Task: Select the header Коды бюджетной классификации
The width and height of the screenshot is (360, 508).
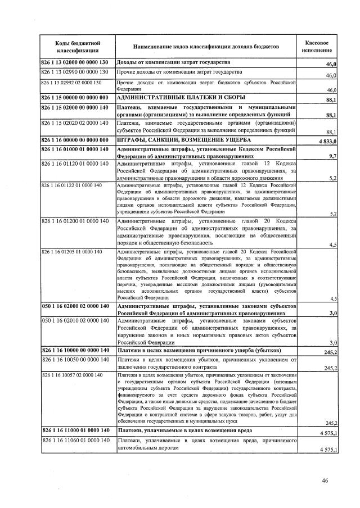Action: click(x=77, y=47)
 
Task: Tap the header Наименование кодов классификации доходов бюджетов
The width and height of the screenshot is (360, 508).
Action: click(x=206, y=47)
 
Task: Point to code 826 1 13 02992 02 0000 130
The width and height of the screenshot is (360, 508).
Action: click(x=71, y=83)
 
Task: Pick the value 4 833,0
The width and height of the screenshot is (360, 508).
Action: click(x=326, y=140)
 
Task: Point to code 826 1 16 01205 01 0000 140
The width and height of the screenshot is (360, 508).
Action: click(x=71, y=251)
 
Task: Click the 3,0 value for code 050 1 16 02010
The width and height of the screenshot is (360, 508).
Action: click(x=332, y=342)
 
